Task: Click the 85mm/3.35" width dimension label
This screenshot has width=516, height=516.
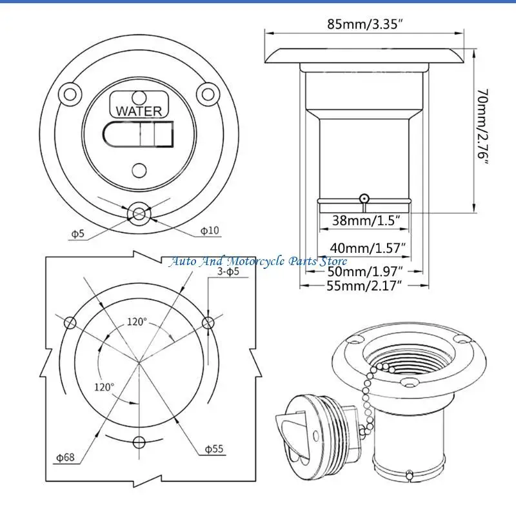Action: (365, 25)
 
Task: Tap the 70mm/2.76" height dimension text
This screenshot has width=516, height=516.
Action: (483, 127)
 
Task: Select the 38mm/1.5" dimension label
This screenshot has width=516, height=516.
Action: (366, 220)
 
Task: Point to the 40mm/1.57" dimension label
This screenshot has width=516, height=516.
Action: (368, 248)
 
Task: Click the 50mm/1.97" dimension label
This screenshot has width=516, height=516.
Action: (365, 272)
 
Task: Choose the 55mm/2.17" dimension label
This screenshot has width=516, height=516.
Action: (364, 286)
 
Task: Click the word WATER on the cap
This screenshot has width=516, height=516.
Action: (139, 111)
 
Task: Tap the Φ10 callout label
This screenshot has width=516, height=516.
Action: (210, 230)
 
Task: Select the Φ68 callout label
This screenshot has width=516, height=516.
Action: (66, 457)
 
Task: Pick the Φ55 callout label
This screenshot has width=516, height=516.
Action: (214, 449)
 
